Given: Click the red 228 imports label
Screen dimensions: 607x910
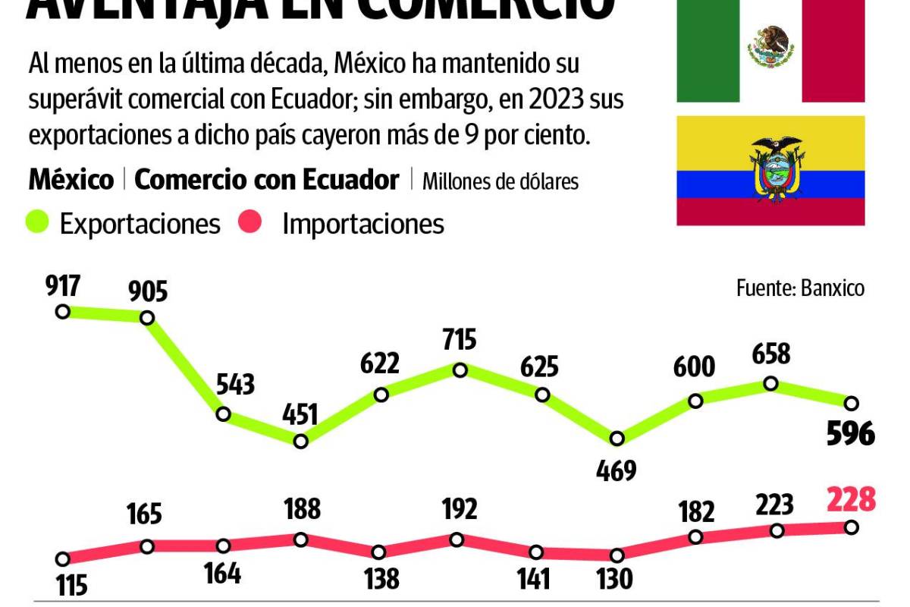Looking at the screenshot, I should [x=851, y=501].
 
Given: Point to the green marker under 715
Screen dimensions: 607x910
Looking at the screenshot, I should [x=460, y=370].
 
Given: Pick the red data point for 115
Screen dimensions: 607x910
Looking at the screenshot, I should [x=63, y=558].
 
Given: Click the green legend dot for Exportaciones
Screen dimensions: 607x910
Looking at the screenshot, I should [x=38, y=222].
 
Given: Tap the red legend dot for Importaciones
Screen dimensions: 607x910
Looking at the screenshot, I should [x=251, y=222].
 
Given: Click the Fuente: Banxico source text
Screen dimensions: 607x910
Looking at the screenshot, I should [x=800, y=288].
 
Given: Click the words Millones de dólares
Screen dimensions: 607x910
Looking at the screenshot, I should [x=500, y=182].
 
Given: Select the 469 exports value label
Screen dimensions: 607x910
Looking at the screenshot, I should [x=616, y=470].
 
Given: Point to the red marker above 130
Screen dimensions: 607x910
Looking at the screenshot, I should [x=616, y=555].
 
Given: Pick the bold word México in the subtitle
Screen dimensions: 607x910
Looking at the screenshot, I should [x=71, y=180].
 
